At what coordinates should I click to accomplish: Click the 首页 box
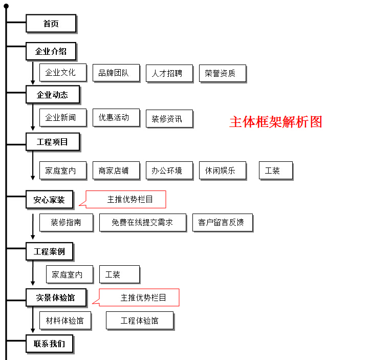click(51, 24)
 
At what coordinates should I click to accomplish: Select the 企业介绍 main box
click(51, 51)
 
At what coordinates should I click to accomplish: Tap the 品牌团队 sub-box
click(116, 73)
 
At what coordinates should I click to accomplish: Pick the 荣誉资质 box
click(223, 73)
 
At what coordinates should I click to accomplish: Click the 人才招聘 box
click(169, 73)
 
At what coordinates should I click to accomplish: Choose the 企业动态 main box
click(53, 95)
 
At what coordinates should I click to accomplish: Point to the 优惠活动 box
click(116, 118)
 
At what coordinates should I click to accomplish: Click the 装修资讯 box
click(169, 119)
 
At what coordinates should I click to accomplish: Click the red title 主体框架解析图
click(276, 122)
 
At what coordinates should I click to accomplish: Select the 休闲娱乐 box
click(223, 171)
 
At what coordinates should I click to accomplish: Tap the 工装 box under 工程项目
click(276, 171)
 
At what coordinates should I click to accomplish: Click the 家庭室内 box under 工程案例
click(70, 274)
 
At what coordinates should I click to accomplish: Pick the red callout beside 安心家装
click(126, 200)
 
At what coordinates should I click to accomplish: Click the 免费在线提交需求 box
click(143, 223)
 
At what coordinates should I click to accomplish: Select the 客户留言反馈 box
click(223, 223)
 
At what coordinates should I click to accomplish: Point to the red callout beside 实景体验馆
click(139, 298)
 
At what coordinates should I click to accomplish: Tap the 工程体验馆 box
click(140, 321)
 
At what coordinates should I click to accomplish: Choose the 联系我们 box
click(50, 344)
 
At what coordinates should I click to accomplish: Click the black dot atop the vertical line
click(6, 6)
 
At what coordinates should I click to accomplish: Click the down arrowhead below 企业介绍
click(33, 82)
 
